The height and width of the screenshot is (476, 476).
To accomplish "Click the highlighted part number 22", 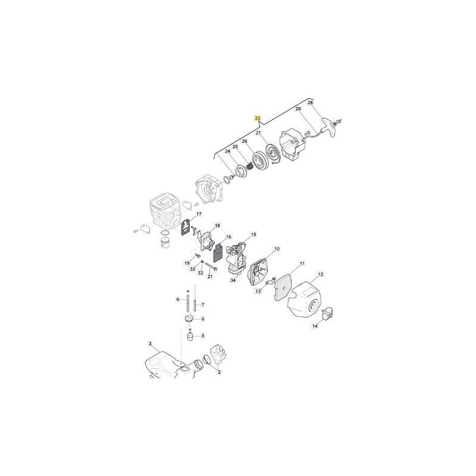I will point(257,118).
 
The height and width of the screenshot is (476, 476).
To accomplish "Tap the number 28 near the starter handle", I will point(310,103).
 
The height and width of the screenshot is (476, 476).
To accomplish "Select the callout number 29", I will point(298,109).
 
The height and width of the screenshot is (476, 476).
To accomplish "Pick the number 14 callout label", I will point(316,326).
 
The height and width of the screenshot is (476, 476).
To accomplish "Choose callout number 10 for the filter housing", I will point(277,249).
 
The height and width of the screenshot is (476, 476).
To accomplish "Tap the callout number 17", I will point(199,214).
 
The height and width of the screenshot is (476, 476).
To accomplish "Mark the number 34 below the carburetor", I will point(233,280).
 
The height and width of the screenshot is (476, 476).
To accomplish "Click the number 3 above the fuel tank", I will point(150,343).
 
